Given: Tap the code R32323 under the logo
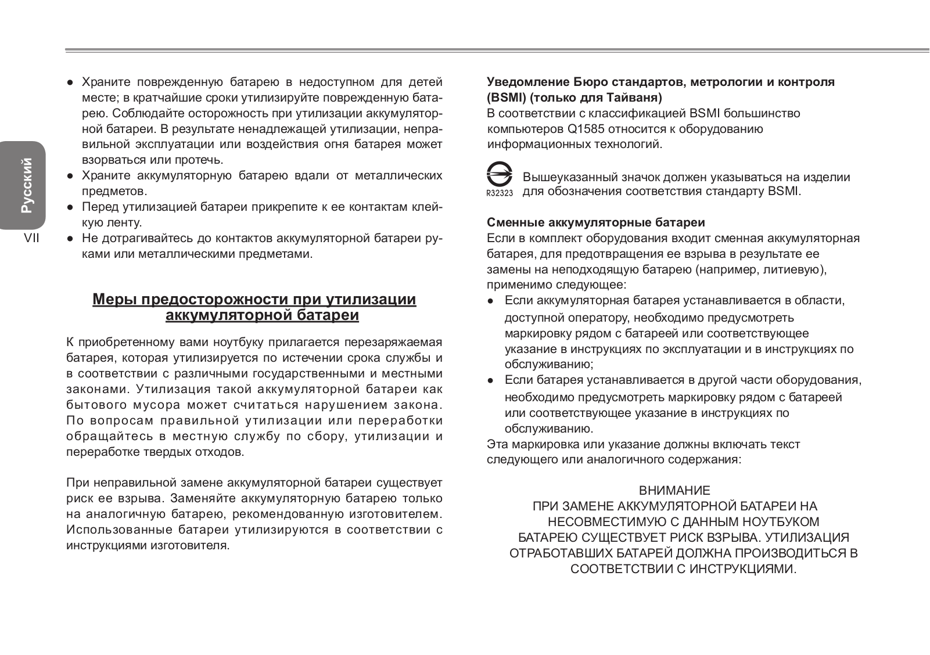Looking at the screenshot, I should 500,193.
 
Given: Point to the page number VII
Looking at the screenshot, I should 31,238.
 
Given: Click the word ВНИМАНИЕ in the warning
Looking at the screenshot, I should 674,491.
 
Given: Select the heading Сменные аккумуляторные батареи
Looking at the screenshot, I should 596,222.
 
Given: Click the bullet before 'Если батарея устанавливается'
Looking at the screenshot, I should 491,381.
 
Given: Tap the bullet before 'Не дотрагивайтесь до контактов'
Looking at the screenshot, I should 70,239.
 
